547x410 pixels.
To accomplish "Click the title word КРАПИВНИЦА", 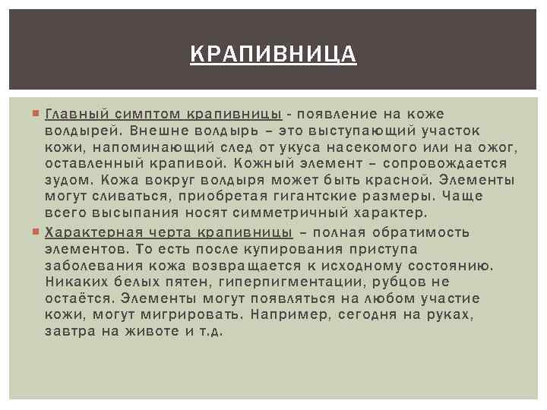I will (x=273, y=55).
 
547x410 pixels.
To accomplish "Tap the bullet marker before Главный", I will (x=38, y=114).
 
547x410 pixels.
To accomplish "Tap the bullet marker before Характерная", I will (x=38, y=232).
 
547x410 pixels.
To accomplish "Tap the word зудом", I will (x=68, y=181).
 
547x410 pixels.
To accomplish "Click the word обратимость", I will (x=425, y=232).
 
